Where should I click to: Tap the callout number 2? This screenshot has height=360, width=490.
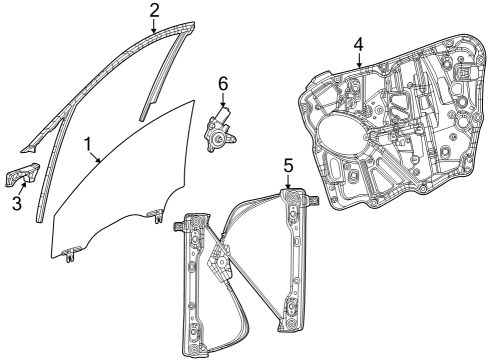[x=154, y=10]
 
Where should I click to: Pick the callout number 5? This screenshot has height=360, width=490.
[x=287, y=164]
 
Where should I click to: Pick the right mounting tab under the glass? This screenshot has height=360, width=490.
[x=155, y=214]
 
